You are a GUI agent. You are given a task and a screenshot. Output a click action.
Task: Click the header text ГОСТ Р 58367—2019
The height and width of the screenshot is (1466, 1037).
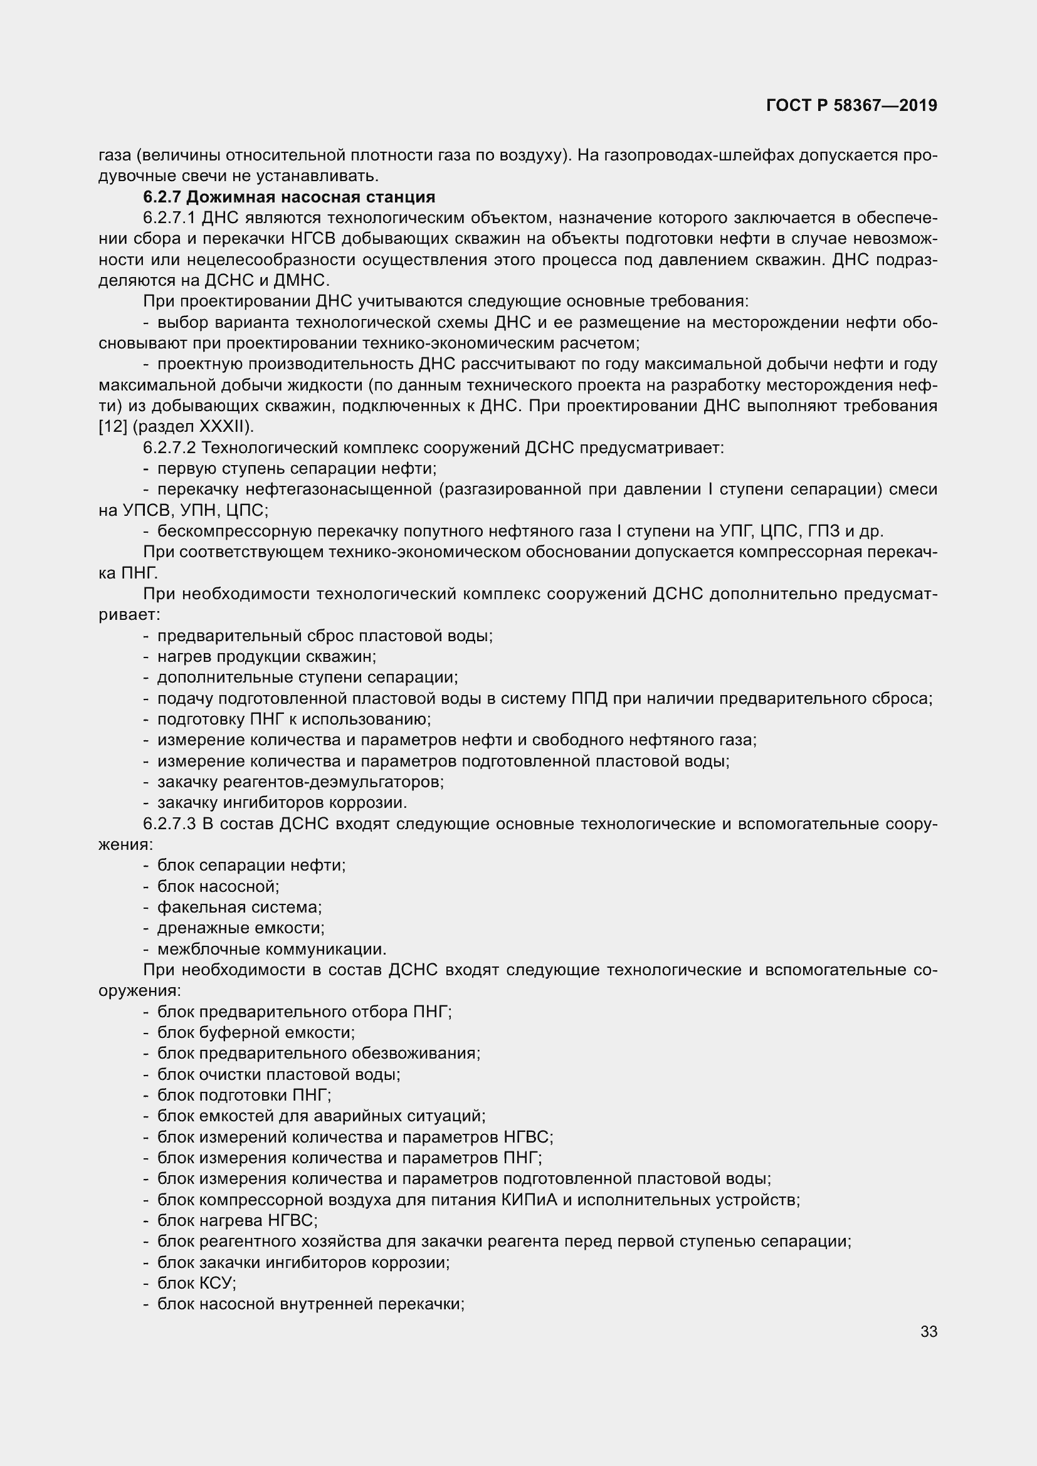point(851,106)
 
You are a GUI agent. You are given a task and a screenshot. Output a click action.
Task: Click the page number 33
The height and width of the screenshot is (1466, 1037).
point(929,1331)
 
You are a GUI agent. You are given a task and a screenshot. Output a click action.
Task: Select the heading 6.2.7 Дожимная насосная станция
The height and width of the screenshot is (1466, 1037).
point(288,197)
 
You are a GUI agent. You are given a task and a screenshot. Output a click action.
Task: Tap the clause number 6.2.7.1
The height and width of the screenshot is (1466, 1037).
point(169,218)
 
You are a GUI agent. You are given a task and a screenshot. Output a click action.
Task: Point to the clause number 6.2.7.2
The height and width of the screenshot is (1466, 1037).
point(169,448)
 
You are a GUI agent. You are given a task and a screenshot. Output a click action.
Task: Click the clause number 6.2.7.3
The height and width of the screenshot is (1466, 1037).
point(169,824)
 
